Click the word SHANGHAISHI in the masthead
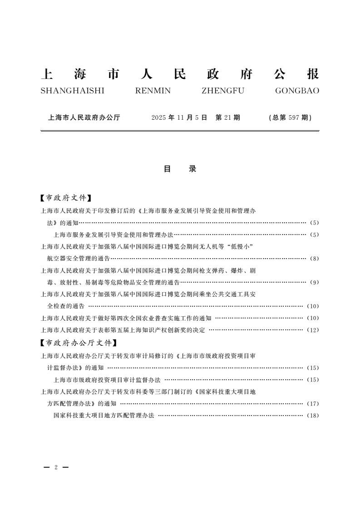(73, 91)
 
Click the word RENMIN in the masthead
(153, 91)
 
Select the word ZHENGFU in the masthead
(223, 91)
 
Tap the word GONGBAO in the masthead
(297, 91)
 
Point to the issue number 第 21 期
(227, 117)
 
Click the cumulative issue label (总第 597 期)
(290, 117)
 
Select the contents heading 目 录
(180, 169)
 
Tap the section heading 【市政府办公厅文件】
(79, 343)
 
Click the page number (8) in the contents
(314, 259)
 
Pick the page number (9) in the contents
(314, 283)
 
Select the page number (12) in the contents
(313, 330)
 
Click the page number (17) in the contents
(313, 404)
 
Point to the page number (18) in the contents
(313, 416)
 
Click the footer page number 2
(55, 467)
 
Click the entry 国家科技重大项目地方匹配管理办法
(104, 416)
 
